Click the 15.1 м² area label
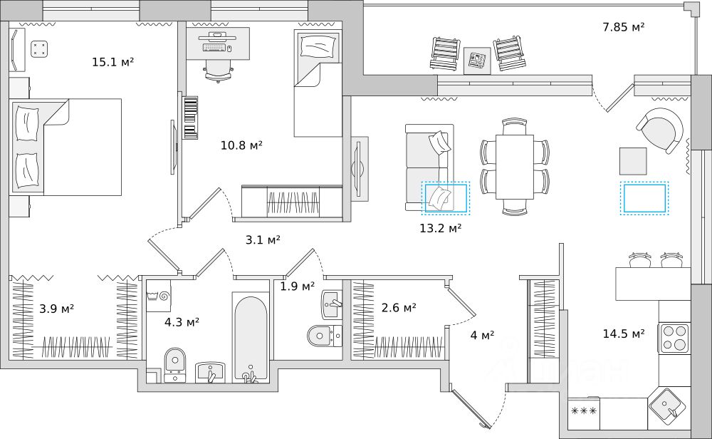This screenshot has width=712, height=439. (x=113, y=62)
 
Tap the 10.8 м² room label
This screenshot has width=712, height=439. (x=241, y=145)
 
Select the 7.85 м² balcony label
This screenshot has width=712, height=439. (x=623, y=27)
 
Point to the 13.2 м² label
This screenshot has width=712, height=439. (x=441, y=228)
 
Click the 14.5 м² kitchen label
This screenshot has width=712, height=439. (x=623, y=333)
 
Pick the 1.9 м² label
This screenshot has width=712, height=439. (x=297, y=286)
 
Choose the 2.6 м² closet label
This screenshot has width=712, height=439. (x=399, y=308)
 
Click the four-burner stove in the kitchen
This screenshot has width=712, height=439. (x=674, y=337)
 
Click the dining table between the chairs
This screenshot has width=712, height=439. (x=514, y=167)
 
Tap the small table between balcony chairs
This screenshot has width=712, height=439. (x=477, y=60)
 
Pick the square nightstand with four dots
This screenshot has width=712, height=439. (x=40, y=48)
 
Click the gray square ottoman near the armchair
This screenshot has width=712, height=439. (x=632, y=160)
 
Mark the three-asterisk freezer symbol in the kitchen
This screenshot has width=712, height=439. (x=584, y=411)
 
